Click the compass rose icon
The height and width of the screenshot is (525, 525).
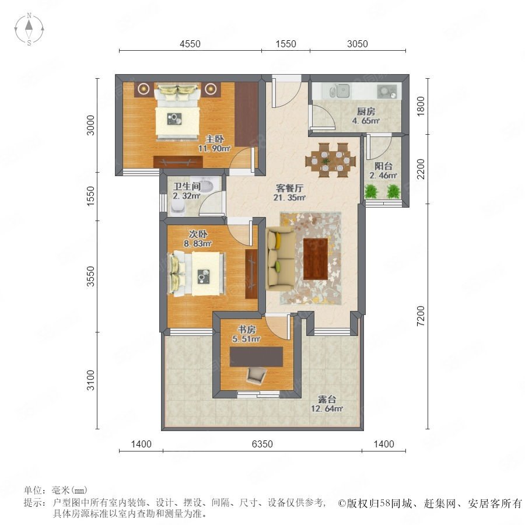(29, 29)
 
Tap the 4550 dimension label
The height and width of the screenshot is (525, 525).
(190, 44)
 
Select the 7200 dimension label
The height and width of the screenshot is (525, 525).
(421, 316)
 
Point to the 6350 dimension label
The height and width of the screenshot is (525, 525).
(262, 444)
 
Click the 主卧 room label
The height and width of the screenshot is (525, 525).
(215, 139)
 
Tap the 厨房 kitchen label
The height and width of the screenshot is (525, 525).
(366, 111)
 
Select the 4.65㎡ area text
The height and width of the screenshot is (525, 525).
(366, 121)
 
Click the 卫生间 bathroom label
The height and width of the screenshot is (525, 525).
(187, 187)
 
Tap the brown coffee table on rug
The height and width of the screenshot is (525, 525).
(316, 259)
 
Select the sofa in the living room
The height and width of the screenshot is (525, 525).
(280, 259)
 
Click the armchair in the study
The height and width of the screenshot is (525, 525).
(257, 375)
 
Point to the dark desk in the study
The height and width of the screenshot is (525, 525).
(256, 356)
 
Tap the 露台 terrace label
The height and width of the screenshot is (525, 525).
(327, 400)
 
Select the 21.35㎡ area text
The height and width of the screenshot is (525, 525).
(289, 197)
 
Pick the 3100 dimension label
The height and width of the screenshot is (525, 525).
(91, 380)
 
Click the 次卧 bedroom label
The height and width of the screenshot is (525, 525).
(198, 234)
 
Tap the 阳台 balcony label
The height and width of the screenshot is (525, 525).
(383, 166)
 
